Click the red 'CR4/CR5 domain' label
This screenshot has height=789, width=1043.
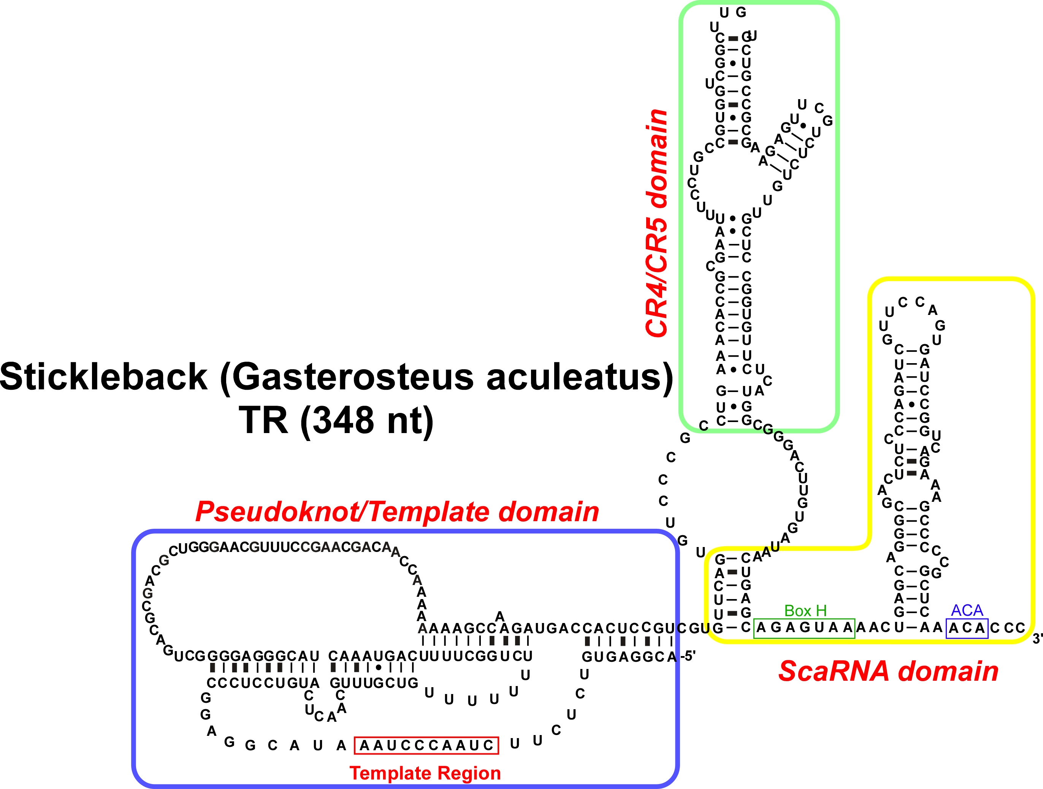[657, 223]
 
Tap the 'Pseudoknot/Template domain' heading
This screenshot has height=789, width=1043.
[397, 511]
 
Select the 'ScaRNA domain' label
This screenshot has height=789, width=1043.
[888, 671]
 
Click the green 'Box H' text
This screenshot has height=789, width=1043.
[805, 611]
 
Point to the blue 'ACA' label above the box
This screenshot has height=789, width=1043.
[967, 610]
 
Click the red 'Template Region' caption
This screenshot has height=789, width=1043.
[425, 773]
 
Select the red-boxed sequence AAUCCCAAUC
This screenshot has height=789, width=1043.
[426, 746]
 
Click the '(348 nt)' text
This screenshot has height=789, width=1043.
[367, 421]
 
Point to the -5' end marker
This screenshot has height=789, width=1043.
[688, 656]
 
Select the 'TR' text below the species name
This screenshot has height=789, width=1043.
[263, 421]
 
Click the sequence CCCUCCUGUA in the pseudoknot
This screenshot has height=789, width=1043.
[263, 683]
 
